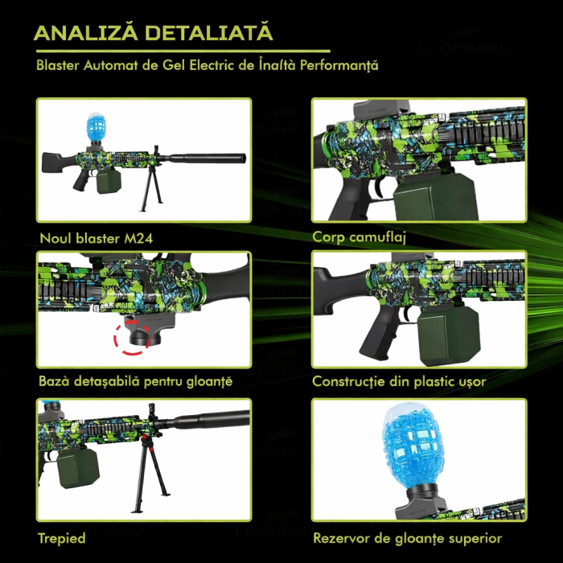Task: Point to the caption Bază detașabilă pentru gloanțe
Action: tap(135, 380)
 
